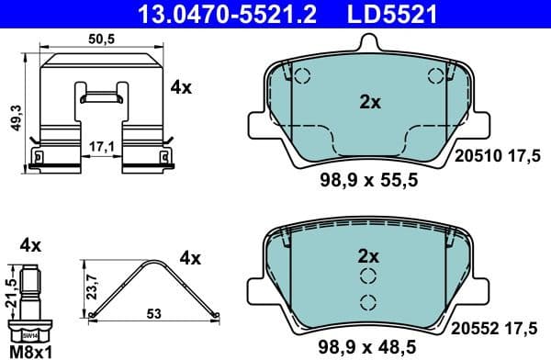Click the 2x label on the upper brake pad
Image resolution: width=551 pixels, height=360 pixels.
[x=370, y=103]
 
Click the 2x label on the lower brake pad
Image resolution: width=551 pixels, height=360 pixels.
[x=370, y=254]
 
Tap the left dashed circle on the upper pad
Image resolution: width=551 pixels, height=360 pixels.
[x=304, y=79]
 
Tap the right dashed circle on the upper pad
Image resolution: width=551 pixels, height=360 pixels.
[x=434, y=79]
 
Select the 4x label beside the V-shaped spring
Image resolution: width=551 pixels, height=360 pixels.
[x=191, y=258]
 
